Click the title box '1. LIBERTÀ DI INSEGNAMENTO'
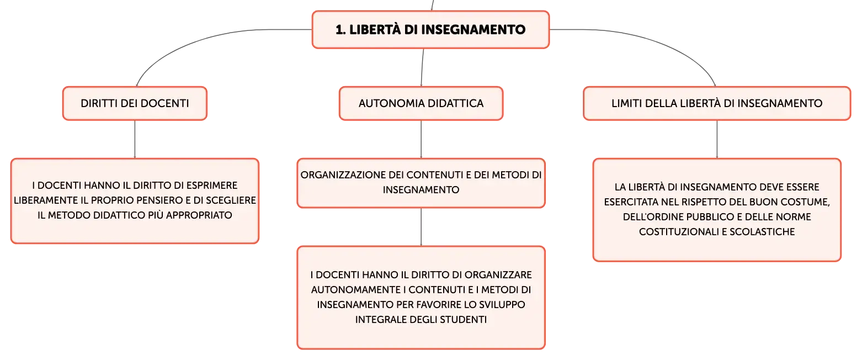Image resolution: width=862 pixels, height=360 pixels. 430,30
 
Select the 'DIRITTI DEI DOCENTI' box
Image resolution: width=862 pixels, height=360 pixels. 135,103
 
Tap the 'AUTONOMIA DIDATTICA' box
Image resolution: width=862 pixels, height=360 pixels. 421,103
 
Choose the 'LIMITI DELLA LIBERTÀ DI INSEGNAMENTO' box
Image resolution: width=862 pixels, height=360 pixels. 716,103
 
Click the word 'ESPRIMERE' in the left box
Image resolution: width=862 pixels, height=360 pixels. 212,186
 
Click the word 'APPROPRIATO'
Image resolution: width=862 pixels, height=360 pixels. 199,215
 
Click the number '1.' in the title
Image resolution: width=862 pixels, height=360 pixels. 340,30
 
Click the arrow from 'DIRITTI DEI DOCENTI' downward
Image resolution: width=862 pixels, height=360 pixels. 135,139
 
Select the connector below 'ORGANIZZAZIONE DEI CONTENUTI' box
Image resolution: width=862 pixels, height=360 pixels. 421,227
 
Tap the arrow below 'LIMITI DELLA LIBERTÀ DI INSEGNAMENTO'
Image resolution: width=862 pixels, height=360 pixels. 716,139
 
